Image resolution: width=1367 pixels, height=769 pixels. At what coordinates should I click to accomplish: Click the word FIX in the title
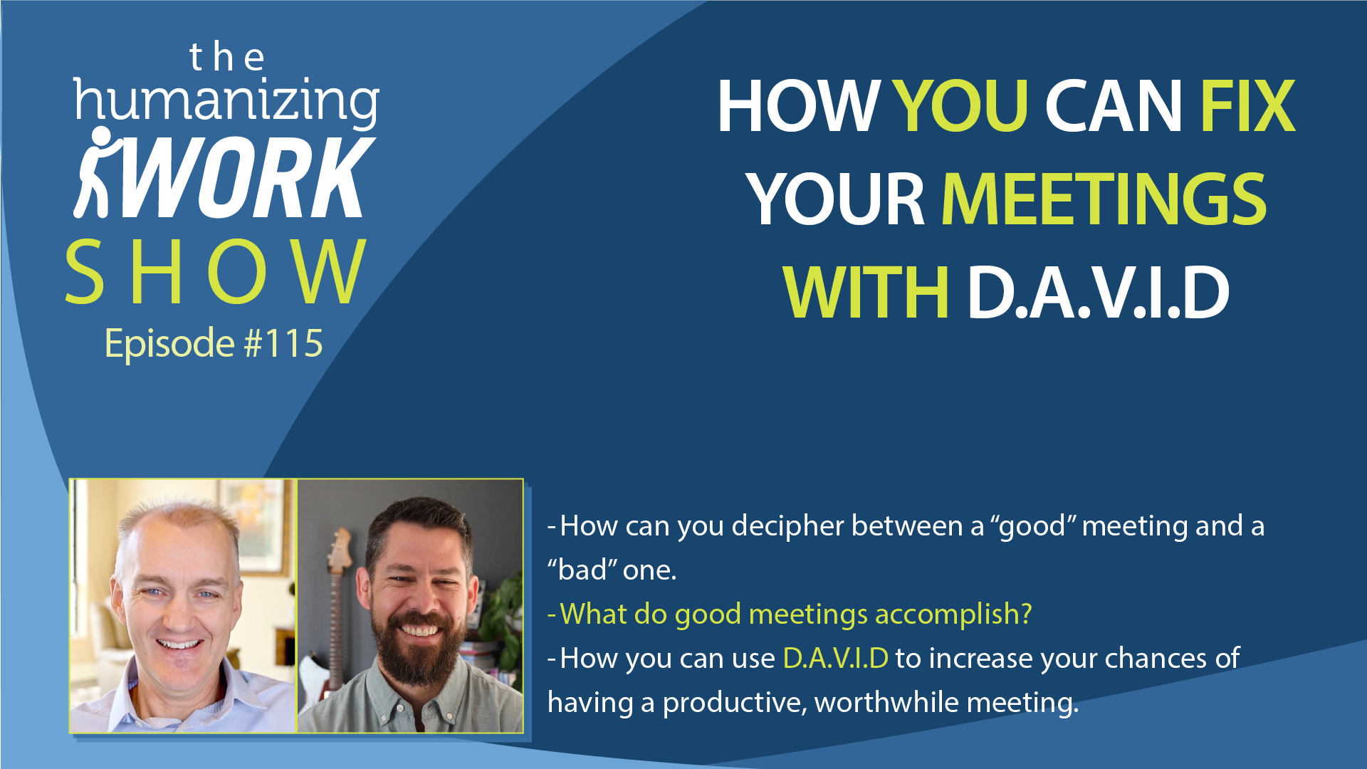(x=1248, y=106)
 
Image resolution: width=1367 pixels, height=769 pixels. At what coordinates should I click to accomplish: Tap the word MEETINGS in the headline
(x=1104, y=199)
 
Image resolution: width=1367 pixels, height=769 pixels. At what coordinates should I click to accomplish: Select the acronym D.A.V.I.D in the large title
(x=1098, y=292)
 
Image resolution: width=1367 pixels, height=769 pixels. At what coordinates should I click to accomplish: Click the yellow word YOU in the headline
(x=960, y=106)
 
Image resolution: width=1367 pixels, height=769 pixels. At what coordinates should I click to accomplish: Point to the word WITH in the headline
(x=865, y=292)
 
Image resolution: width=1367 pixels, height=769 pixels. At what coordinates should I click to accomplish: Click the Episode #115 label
(x=214, y=343)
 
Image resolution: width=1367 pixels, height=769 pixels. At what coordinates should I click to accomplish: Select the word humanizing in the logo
(x=226, y=102)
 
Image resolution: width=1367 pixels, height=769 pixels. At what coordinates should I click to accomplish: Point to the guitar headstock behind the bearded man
(x=340, y=552)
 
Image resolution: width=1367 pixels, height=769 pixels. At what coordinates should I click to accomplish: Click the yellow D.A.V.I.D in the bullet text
(x=835, y=658)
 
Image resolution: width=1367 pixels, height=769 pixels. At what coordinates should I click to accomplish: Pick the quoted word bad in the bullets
(x=582, y=570)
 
